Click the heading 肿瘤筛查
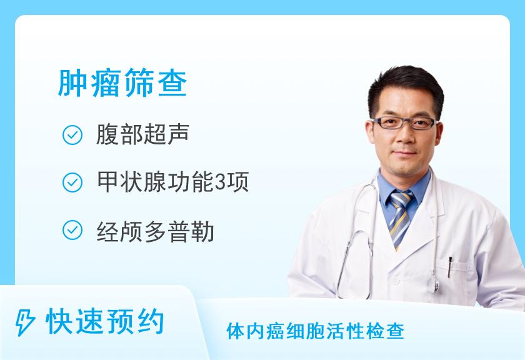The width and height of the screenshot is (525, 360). [122, 82]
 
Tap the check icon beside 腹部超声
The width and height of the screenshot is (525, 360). [72, 135]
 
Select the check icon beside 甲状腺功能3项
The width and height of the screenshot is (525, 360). [72, 182]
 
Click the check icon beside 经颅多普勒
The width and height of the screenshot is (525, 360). [72, 230]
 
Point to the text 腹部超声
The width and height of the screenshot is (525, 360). [143, 134]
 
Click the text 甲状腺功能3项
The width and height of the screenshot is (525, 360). [172, 182]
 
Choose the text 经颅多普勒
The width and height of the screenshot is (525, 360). [156, 231]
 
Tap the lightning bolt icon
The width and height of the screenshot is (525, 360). [25, 322]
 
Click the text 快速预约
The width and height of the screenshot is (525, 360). [105, 321]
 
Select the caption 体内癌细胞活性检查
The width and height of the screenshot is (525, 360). [315, 331]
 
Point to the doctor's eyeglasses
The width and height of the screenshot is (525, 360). [405, 123]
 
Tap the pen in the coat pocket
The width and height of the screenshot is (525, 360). [449, 267]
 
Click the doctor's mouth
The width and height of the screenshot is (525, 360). [406, 152]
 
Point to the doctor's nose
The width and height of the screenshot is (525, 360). [406, 136]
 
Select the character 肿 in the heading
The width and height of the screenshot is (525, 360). [72, 83]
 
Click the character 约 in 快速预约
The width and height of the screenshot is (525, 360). [150, 321]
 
